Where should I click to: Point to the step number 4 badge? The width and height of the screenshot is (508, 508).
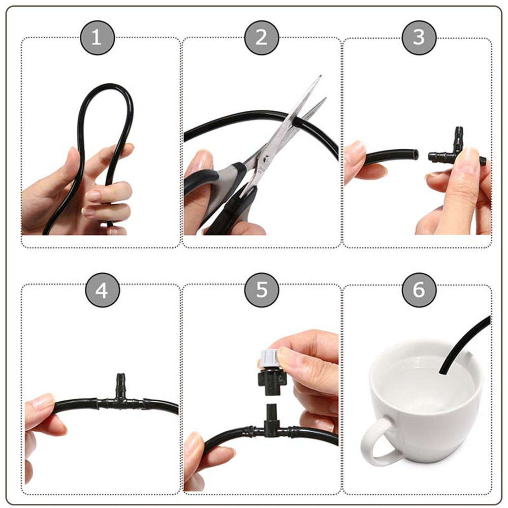102,290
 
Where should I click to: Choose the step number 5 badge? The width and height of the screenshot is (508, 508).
261,290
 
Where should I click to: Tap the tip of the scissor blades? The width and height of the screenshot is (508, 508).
320,77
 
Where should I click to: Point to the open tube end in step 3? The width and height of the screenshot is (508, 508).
415,154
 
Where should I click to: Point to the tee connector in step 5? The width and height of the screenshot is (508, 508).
269,431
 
